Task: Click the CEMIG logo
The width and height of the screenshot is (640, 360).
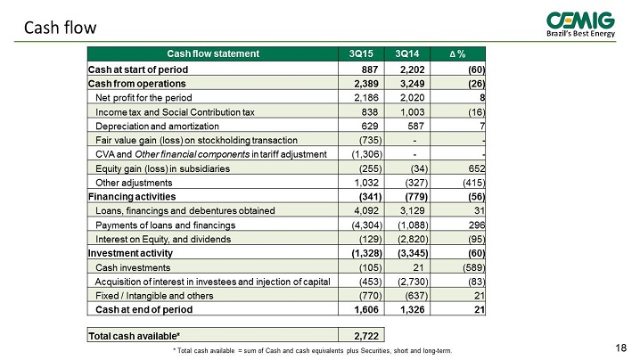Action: [580, 24]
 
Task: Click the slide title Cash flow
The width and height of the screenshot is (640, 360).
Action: [60, 28]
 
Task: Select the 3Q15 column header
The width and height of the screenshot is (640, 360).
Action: [361, 53]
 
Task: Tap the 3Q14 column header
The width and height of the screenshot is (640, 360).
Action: [407, 53]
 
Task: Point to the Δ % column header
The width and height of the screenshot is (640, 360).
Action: [457, 53]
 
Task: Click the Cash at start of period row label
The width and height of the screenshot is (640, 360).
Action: [138, 70]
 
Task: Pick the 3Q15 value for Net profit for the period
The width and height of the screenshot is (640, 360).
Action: [366, 97]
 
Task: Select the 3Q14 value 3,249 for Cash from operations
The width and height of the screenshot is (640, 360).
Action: [412, 84]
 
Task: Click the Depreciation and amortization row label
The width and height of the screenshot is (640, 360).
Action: [157, 127]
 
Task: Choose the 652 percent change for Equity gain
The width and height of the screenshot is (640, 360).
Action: [477, 168]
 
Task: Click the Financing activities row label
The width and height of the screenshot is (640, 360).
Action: [132, 197]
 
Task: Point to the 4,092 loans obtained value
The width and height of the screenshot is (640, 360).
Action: [366, 210]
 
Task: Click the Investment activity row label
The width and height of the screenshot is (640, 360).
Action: [130, 253]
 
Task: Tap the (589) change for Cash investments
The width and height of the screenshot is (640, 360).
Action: [474, 267]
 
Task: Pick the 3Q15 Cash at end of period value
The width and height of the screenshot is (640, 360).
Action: [366, 310]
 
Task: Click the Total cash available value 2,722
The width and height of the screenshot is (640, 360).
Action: [366, 336]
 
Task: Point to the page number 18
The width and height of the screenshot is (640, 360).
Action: [620, 348]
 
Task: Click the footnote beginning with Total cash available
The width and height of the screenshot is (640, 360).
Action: [312, 350]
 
